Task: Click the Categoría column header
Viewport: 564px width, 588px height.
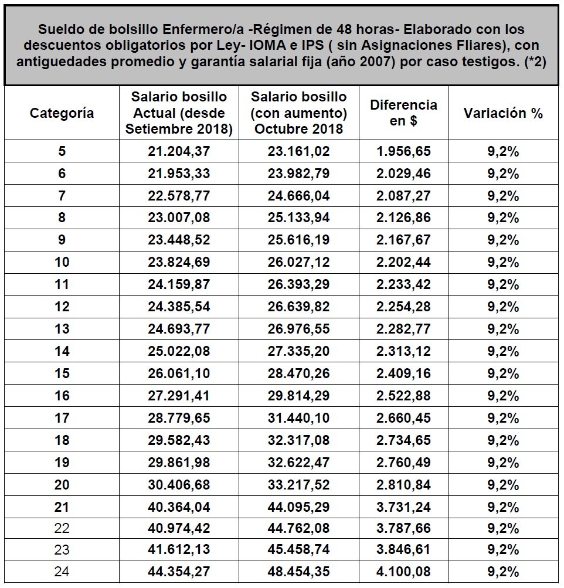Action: click(62, 113)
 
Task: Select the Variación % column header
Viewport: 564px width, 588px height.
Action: click(503, 113)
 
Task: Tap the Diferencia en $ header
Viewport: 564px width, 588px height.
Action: click(403, 113)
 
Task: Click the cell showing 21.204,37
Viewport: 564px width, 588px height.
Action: click(179, 151)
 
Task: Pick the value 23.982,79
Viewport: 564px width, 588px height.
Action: click(298, 174)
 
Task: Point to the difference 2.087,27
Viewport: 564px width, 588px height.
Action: click(403, 196)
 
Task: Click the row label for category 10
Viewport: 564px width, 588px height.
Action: click(62, 262)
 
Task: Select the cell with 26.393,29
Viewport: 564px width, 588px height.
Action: click(298, 284)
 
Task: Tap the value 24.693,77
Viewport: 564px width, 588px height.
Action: click(179, 329)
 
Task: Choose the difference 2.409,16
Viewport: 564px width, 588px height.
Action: click(403, 373)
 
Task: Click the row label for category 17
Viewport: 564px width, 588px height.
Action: click(62, 418)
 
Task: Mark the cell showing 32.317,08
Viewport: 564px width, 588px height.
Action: click(298, 440)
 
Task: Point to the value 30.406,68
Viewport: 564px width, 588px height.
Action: click(179, 485)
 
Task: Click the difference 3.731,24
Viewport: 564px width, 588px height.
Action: click(403, 507)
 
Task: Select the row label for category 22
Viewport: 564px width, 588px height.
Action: click(62, 528)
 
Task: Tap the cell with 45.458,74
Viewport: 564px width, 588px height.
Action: click(298, 550)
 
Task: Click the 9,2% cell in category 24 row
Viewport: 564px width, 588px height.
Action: click(503, 572)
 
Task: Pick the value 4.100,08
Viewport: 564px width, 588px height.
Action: click(403, 572)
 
